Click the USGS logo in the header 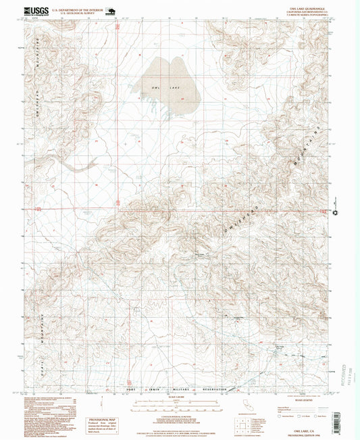[x=35, y=11]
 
